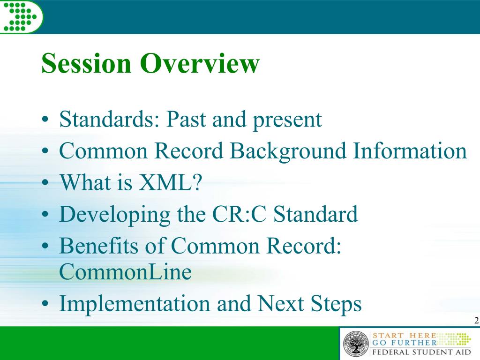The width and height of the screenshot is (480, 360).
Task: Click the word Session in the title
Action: [x=86, y=63]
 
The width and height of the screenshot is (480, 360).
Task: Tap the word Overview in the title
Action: [x=200, y=63]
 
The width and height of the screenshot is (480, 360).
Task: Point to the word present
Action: [x=287, y=121]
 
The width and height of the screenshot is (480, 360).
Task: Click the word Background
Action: [x=288, y=151]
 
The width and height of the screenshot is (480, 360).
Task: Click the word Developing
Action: [x=115, y=215]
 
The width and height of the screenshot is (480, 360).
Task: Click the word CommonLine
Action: [x=125, y=271]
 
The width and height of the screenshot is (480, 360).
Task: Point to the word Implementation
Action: [x=135, y=303]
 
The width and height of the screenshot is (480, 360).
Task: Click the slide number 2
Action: [x=476, y=321]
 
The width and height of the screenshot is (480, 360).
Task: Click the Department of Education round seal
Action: [x=356, y=344]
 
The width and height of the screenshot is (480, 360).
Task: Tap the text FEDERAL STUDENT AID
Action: [x=421, y=352]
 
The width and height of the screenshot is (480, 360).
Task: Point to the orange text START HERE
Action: [x=404, y=336]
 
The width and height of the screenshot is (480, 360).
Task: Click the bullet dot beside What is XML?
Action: [x=45, y=183]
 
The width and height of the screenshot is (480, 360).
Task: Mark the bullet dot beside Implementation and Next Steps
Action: [x=45, y=304]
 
